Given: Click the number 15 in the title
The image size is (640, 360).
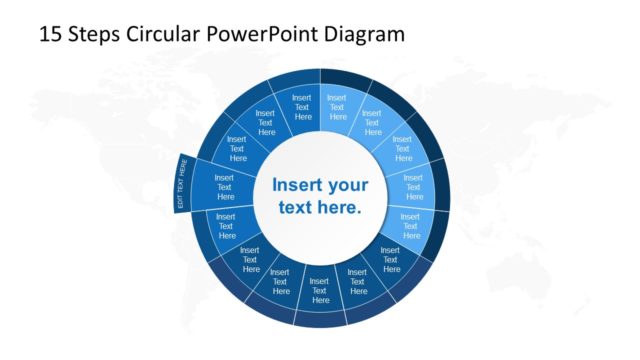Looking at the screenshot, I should point(50,35).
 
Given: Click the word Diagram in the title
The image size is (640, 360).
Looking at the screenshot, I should point(367,35).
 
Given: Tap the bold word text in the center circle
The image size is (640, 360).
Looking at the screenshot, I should point(299,208).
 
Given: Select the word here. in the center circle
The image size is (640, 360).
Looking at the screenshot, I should point(341,208).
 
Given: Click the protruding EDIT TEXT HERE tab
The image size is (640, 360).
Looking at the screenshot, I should point(181,182).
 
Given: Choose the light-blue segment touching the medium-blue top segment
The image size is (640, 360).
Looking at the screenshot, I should point(337,108).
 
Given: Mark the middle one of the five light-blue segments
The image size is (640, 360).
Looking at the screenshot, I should point(403,149).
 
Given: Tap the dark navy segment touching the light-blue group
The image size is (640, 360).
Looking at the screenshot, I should point(391,260).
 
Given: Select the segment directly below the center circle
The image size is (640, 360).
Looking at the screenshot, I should point(320,291).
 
